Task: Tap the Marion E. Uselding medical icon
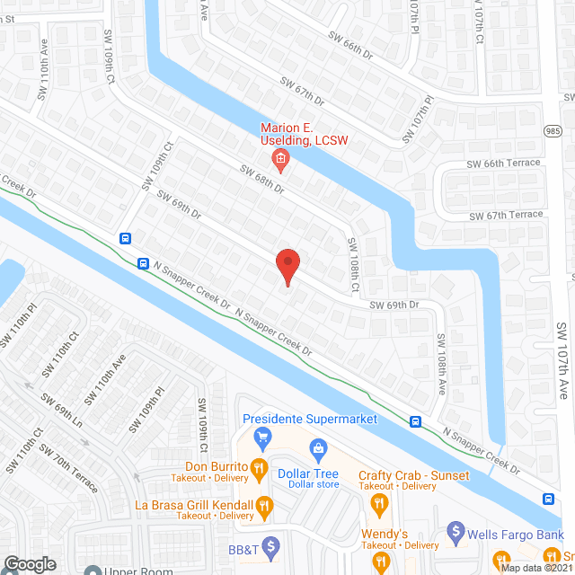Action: click(x=280, y=162)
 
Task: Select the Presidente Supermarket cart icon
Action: click(x=263, y=438)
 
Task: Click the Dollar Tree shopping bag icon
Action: click(x=317, y=448)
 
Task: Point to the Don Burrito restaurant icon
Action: click(x=258, y=467)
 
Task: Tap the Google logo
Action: click(x=30, y=563)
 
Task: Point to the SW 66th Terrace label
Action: click(x=503, y=163)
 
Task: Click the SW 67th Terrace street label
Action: click(x=506, y=216)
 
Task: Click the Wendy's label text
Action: click(x=385, y=534)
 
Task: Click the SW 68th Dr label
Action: click(x=261, y=178)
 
